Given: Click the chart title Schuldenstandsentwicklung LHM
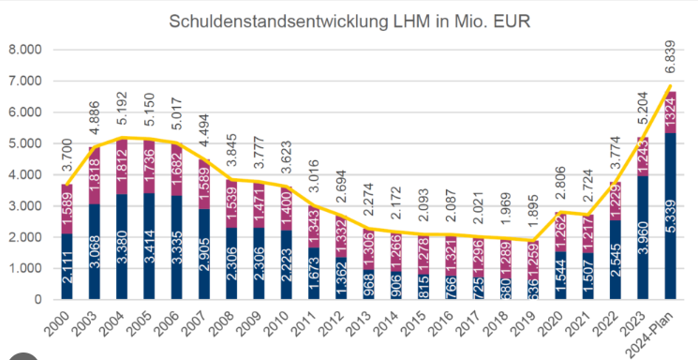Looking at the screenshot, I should coord(349,21).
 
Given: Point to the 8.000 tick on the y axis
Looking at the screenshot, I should coord(24,50).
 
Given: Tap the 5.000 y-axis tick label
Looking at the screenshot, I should coord(24,143).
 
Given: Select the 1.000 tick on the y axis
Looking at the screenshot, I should coord(24,268).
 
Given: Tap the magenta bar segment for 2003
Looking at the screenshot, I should coord(94,174).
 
